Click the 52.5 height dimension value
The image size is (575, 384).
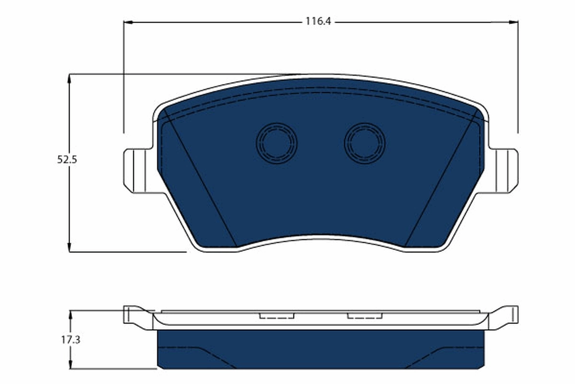[x=67, y=160]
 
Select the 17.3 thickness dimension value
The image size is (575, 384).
[x=70, y=340]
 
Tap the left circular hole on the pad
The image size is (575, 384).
[x=276, y=143]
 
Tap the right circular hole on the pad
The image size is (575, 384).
[x=365, y=143]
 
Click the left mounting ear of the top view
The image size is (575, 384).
[x=137, y=170]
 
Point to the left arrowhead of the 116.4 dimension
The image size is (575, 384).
[x=127, y=22]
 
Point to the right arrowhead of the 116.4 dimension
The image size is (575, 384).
[x=514, y=22]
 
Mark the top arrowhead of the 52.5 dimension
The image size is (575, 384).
[x=70, y=78]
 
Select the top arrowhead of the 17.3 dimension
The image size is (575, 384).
[x=70, y=314]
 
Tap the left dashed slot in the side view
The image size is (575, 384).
[x=276, y=316]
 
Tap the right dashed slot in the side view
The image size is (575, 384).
[x=365, y=316]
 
